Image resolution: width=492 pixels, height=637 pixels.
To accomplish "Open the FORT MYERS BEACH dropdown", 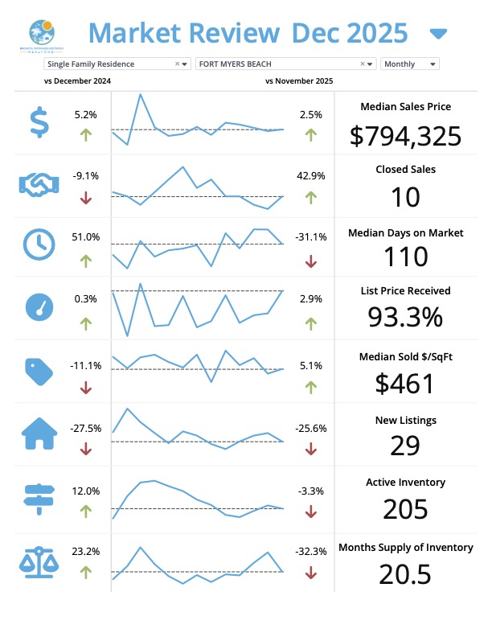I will pos(285,64).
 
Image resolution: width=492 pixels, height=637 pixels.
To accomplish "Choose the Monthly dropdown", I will pos(410,64).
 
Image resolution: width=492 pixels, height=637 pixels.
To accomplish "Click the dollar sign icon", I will pos(39,122).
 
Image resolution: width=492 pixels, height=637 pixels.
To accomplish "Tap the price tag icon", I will pos(39,370).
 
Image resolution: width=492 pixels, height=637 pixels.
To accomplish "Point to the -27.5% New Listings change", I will pos(86,429).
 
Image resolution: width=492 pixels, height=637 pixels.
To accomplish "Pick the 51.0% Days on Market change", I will pos(86,237).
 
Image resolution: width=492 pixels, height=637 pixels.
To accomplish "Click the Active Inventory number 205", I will pos(405,509).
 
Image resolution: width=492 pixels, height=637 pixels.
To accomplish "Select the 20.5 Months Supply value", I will pos(405,573).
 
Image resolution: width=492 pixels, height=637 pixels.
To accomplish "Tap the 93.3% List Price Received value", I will pos(405,318).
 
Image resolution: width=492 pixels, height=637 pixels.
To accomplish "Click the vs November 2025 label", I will pos(298,81).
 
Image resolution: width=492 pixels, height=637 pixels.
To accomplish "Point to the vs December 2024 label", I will pos(77,81).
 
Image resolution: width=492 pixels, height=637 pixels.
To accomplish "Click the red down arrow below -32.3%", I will pos(311,573).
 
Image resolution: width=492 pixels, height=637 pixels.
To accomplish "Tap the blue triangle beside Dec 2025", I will pos(438,34).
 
